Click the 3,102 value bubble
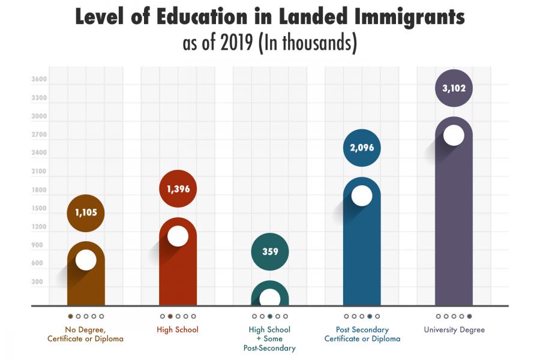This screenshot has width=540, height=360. coord(454,88)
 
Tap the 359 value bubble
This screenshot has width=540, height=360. coord(270,251)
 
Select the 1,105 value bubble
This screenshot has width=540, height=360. coord(86,212)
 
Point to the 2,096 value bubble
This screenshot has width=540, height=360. coord(362,148)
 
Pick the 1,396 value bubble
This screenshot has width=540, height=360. coord(178,189)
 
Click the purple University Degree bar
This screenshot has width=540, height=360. coord(454,228)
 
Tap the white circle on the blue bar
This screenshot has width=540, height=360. coord(362,195)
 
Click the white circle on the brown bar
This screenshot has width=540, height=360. coord(86,260)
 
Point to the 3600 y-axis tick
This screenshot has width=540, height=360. coord(39,79)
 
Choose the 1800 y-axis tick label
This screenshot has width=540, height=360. coord(39,190)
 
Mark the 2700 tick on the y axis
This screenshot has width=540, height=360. coord(39,134)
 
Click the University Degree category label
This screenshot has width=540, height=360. coord(454,330)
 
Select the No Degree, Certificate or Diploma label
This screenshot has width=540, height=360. coord(86,334)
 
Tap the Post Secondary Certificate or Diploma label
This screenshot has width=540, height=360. coord(362,334)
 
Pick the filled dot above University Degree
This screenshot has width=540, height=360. coord(469,316)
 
